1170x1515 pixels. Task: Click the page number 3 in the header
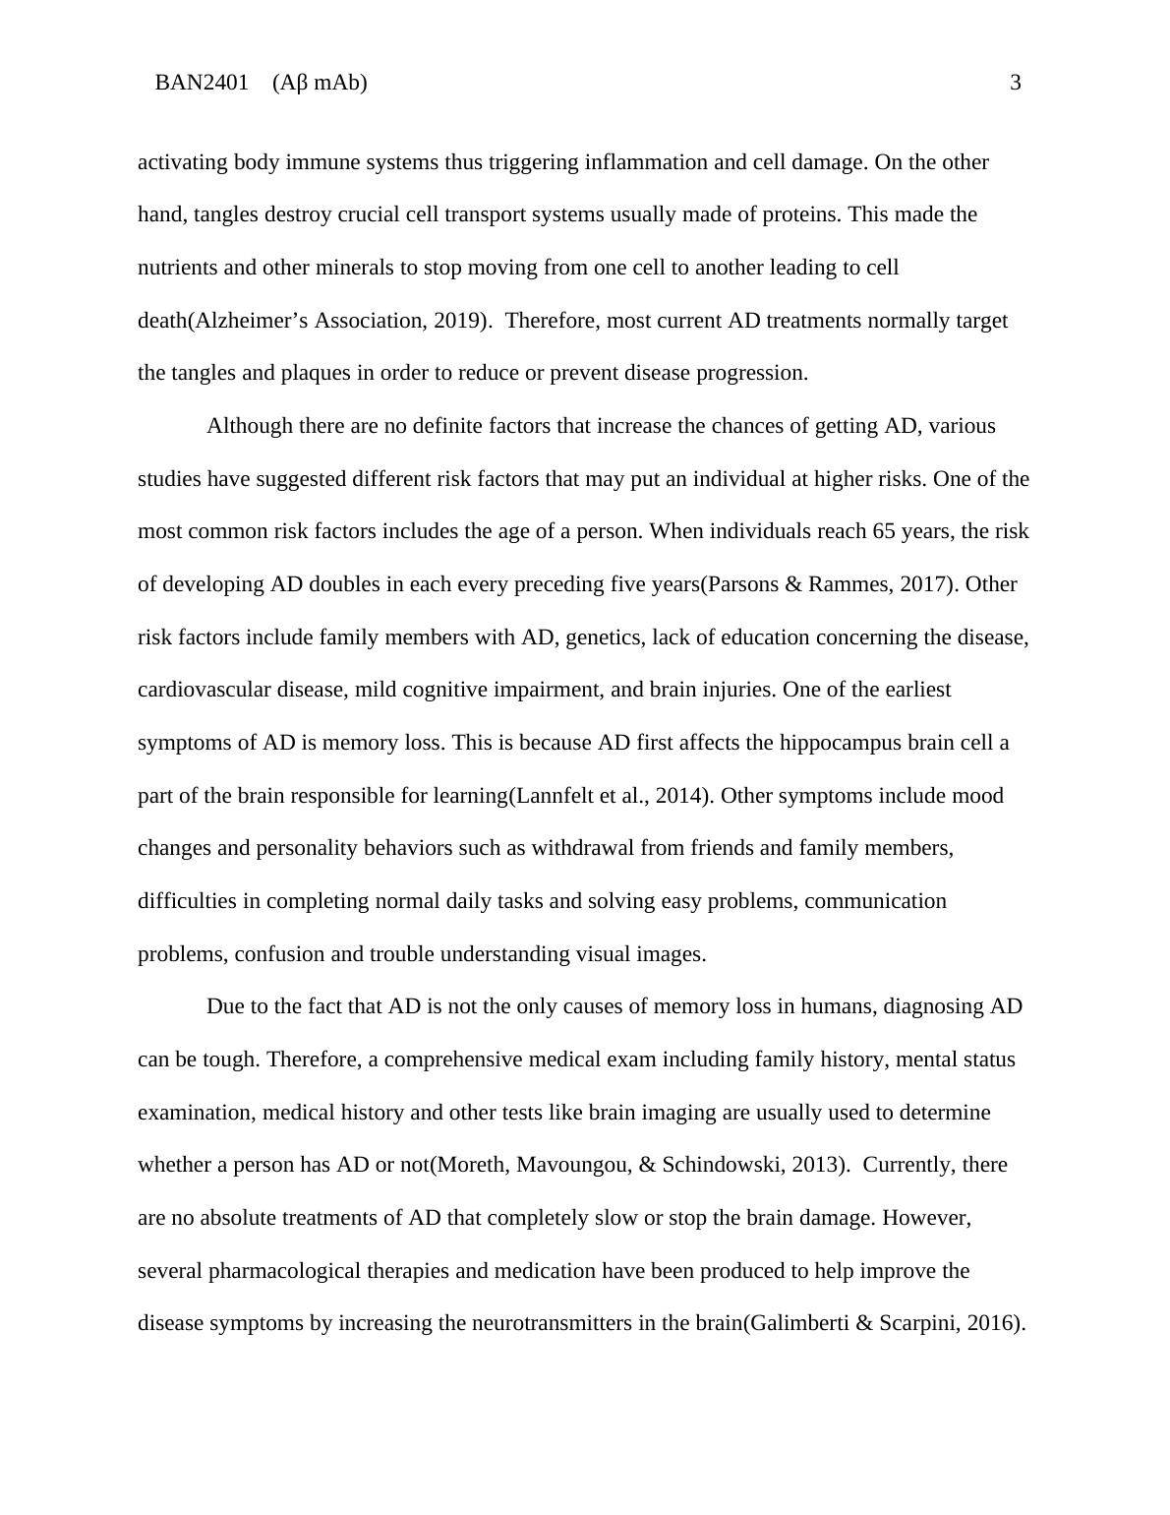click(1016, 83)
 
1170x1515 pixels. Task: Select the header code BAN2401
click(202, 83)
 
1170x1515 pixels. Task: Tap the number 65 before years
click(884, 531)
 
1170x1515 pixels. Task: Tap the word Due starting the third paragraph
click(224, 1006)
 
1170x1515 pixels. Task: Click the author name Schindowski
click(726, 1165)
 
